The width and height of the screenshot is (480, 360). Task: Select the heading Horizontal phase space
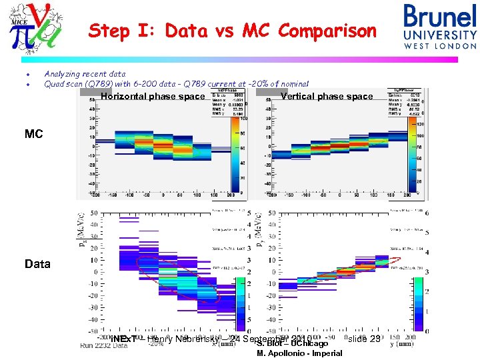click(x=153, y=97)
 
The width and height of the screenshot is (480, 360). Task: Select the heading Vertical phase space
click(x=327, y=97)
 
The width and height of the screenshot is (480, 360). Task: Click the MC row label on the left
click(x=33, y=134)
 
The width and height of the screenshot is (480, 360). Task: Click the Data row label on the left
click(x=37, y=264)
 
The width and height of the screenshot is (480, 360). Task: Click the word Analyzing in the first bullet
click(x=64, y=75)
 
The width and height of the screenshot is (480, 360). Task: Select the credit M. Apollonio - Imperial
click(x=299, y=353)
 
